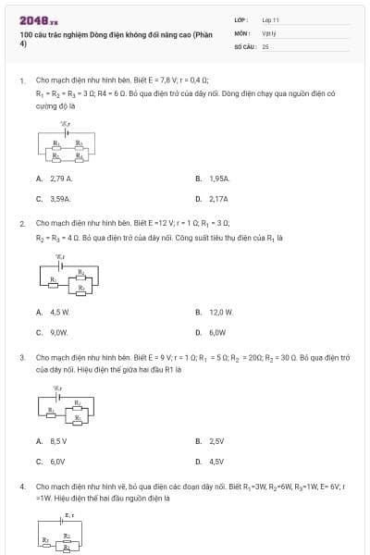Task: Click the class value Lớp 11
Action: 270,18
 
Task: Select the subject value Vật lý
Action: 269,31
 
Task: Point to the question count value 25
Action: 265,44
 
